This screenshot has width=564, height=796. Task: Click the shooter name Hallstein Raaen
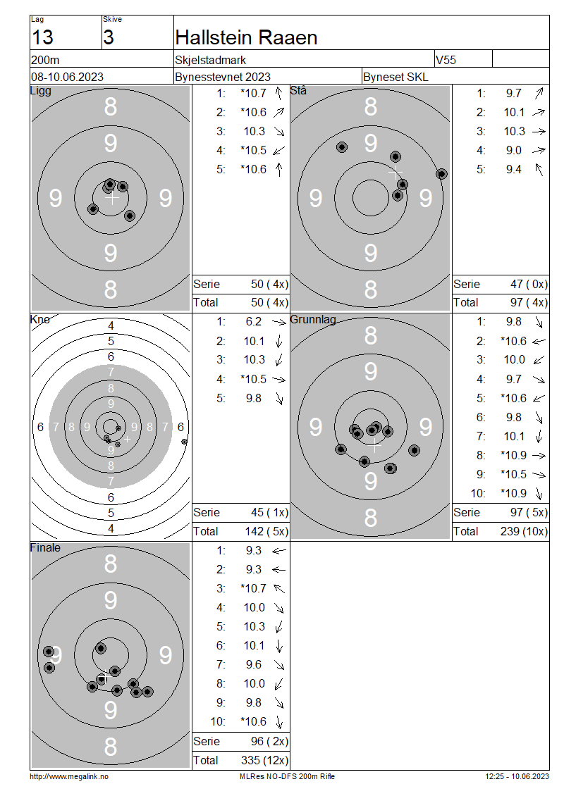pos(246,37)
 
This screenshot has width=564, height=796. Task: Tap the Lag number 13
pos(42,37)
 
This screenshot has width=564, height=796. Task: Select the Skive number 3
pos(109,37)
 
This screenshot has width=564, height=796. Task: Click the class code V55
pos(446,60)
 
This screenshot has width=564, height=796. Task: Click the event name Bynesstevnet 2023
pos(223,77)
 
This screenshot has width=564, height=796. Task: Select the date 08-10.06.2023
pos(67,77)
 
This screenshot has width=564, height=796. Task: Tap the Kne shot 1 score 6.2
pos(254,322)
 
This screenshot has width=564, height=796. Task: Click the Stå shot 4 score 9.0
pos(514,150)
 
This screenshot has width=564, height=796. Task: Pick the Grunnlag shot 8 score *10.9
pos(513,455)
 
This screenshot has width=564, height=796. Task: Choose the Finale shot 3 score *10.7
pos(253,588)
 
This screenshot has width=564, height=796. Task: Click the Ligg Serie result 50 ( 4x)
pos(269,285)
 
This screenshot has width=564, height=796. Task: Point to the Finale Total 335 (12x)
pos(264,761)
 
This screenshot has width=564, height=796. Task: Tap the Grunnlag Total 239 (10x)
pos(524,532)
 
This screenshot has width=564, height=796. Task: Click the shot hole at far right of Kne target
pos(184,442)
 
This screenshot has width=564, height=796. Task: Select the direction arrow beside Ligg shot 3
pos(279,132)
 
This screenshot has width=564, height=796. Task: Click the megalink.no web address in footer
pos(69,776)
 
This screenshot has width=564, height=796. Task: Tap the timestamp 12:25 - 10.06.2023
pos(517,776)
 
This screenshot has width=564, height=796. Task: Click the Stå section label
pos(298,90)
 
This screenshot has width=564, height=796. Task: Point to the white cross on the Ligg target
pos(112,197)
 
